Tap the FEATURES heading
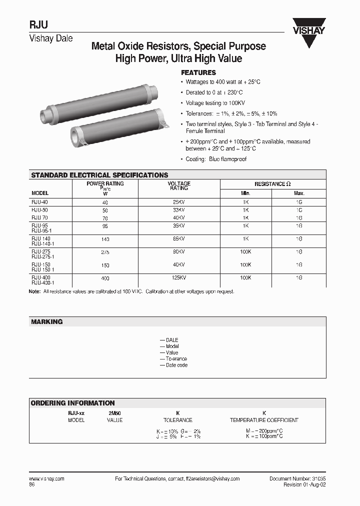tap(198, 72)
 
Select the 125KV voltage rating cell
tap(178, 276)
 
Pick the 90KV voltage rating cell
tap(178, 251)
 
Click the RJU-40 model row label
tap(39, 201)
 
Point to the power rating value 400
tap(105, 278)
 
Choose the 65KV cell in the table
tap(178, 239)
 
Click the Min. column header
tap(245, 193)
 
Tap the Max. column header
tap(299, 193)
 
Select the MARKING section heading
tap(47, 322)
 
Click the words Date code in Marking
tap(176, 365)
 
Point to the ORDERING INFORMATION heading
tap(73, 403)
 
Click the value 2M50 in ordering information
tap(115, 413)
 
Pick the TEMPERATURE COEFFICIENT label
tap(264, 420)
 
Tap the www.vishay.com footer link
tap(47, 478)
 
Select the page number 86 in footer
tap(32, 485)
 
